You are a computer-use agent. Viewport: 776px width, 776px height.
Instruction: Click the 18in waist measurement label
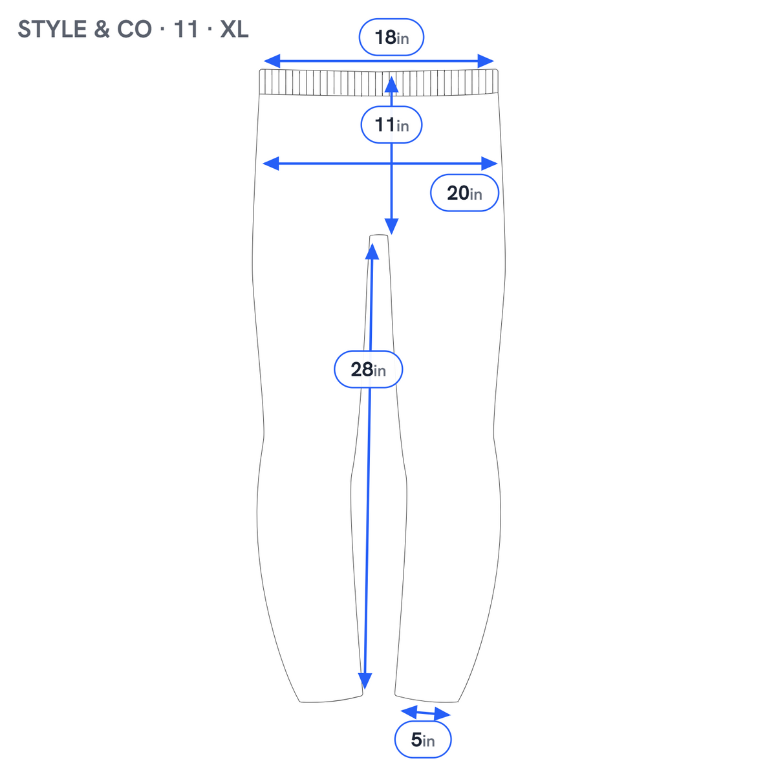pos(391,37)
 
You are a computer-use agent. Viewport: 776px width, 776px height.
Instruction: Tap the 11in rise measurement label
pos(391,125)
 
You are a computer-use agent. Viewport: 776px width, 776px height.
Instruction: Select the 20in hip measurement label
pos(464,193)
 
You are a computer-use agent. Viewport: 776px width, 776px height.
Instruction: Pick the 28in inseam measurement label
pos(368,369)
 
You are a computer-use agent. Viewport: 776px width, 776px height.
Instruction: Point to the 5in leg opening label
pos(422,739)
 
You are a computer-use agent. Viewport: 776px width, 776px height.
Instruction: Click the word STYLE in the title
pos(52,29)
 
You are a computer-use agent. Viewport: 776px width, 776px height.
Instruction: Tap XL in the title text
pos(234,29)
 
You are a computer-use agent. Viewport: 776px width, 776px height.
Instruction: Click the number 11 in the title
pos(186,29)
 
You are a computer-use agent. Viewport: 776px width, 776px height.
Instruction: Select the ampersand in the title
pos(102,29)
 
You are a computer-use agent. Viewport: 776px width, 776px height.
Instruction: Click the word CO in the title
pos(134,29)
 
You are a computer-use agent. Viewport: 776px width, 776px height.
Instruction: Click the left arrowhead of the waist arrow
pos(272,61)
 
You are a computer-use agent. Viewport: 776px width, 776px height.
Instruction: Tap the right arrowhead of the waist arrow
pos(486,61)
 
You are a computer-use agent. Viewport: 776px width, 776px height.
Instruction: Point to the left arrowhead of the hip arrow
pos(270,164)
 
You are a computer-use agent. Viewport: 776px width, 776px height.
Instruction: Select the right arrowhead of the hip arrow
pos(490,164)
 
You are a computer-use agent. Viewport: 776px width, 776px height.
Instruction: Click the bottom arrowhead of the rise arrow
pos(391,226)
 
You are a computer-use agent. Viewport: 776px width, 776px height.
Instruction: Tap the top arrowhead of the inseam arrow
pos(372,252)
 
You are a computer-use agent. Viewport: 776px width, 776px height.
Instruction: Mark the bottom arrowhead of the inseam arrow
pos(365,681)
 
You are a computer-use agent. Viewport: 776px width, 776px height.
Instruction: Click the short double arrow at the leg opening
pos(426,713)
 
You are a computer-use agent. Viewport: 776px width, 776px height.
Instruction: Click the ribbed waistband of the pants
pos(378,82)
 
